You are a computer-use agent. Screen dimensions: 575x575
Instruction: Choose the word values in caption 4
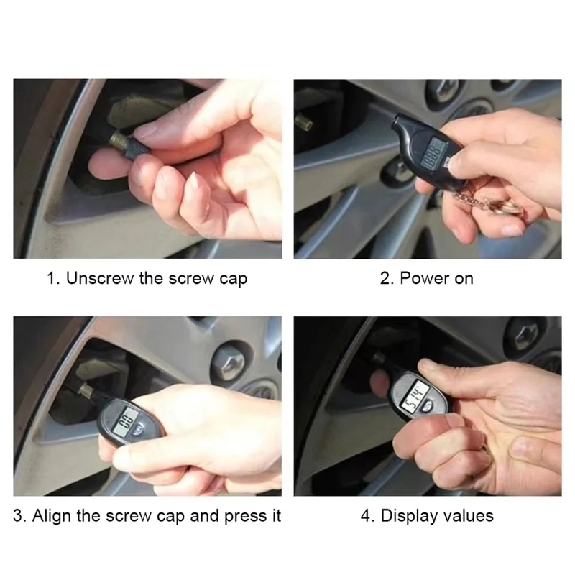[468, 515]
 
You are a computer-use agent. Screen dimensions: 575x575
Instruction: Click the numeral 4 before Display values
[365, 515]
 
